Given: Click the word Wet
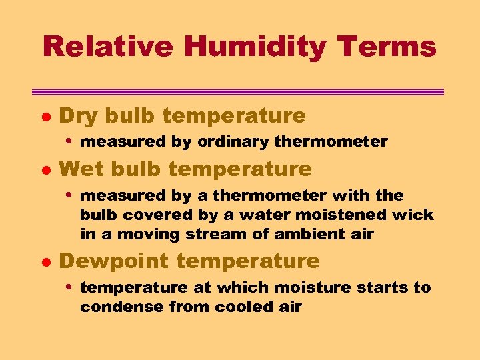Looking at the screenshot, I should click(x=82, y=169).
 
